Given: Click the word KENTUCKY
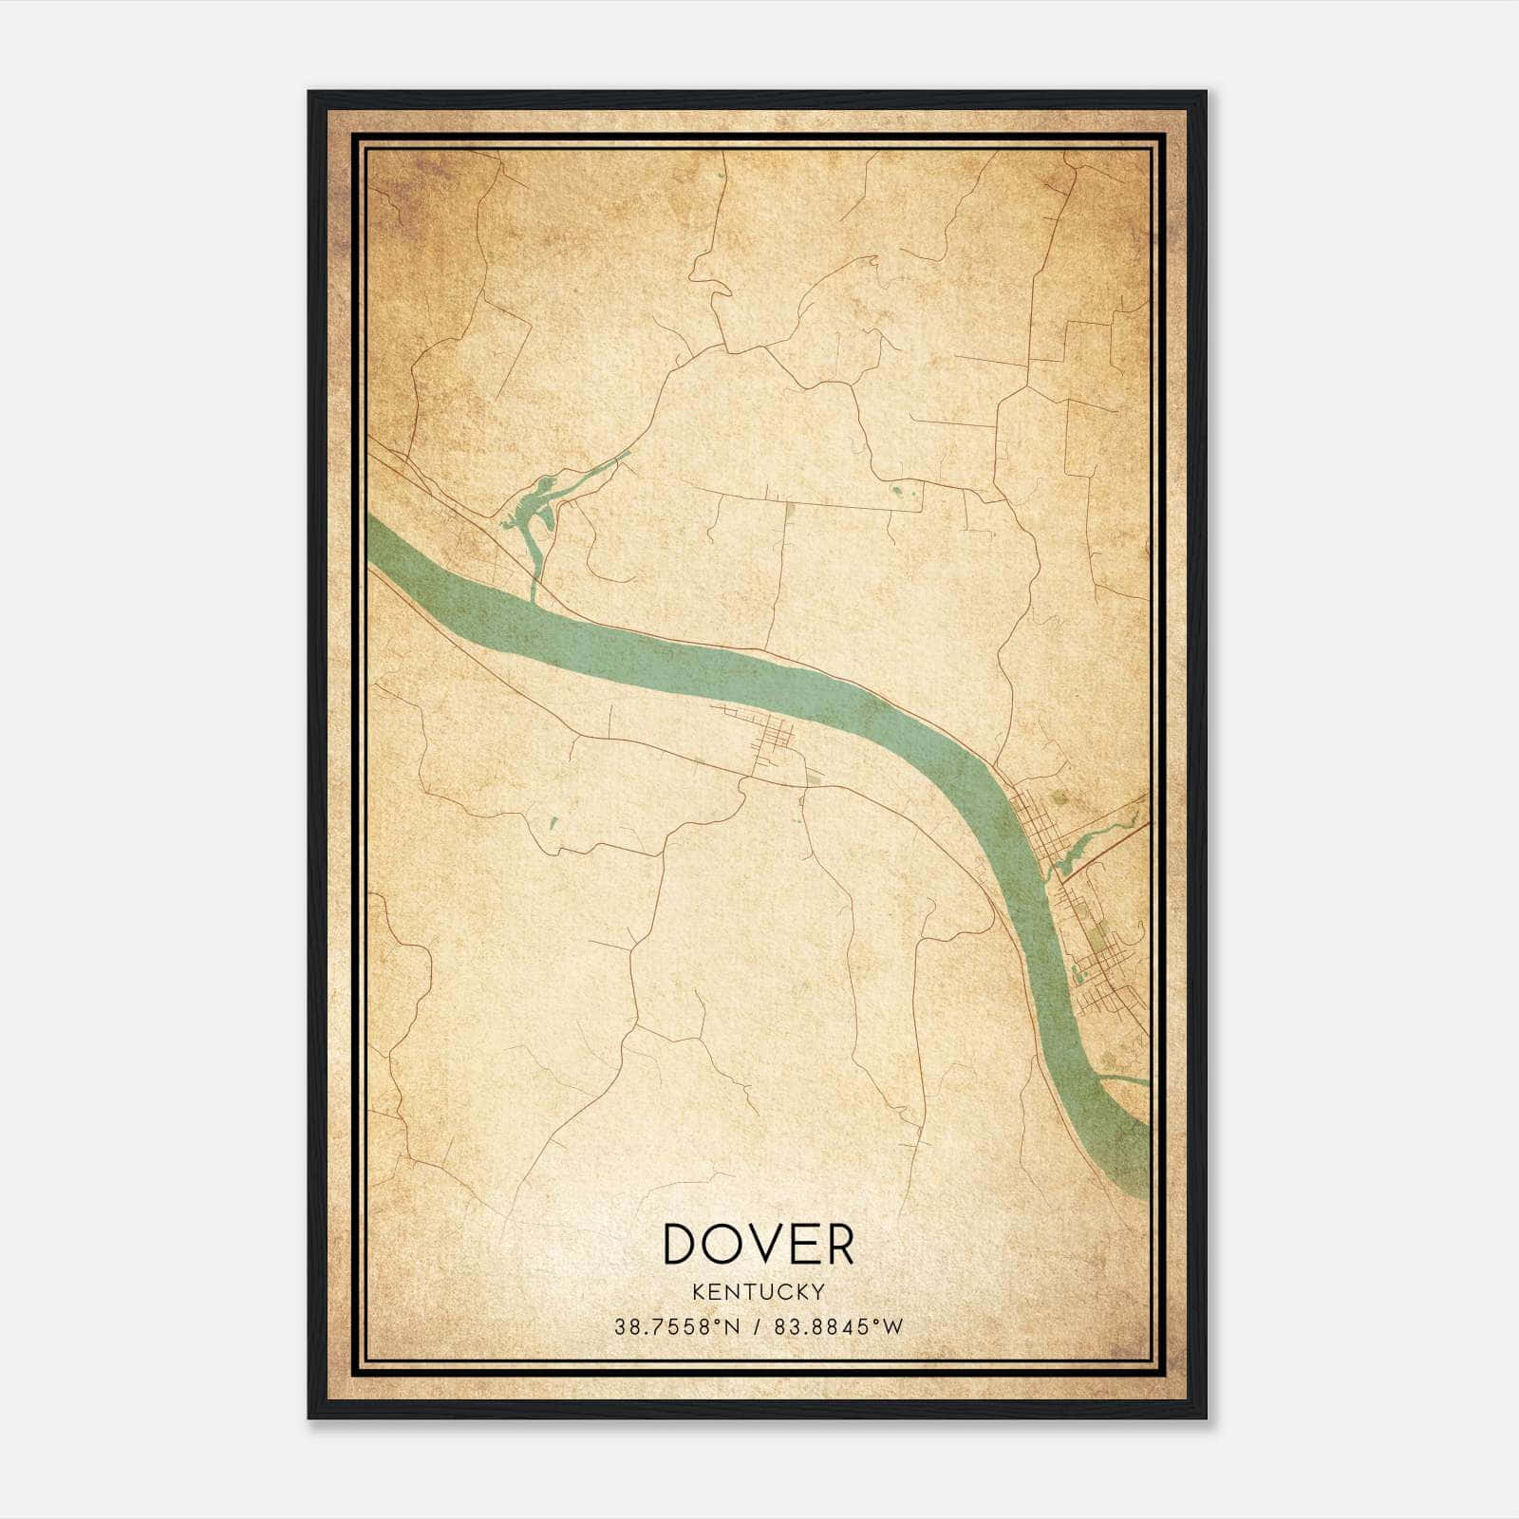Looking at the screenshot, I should pyautogui.click(x=759, y=1291).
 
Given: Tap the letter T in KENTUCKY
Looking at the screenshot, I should pyautogui.click(x=750, y=1291).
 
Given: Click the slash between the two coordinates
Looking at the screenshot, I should pyautogui.click(x=758, y=1327).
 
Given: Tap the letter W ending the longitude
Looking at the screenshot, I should pyautogui.click(x=894, y=1327).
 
